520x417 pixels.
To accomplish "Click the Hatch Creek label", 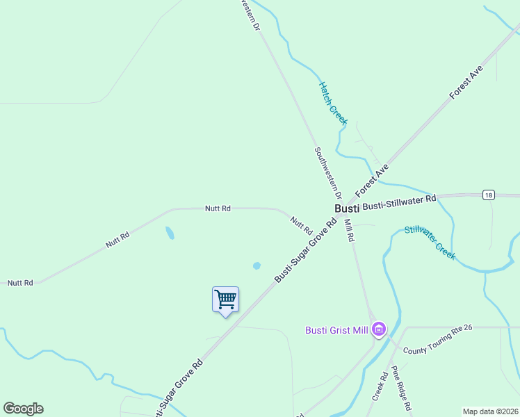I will coord(332,104).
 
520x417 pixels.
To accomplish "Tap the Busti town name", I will coord(347,208).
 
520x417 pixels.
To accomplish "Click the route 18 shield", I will coord(489,195).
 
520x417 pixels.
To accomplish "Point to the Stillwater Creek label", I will coord(430,243).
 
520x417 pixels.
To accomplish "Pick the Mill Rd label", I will coord(349,229).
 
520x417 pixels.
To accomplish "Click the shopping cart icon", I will coord(225,300).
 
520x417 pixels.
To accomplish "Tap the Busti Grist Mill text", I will coord(336,329).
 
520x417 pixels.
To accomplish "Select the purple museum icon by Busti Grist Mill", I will coord(378,329).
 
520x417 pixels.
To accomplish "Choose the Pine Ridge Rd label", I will coord(402,387).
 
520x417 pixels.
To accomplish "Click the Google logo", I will coord(23,409).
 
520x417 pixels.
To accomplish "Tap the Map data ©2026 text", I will coord(490,411).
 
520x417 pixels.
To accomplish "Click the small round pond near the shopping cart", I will coord(257,265).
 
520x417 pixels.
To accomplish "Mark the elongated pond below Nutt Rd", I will coord(170,233).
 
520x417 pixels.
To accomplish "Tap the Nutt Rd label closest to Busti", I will coord(301,225).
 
